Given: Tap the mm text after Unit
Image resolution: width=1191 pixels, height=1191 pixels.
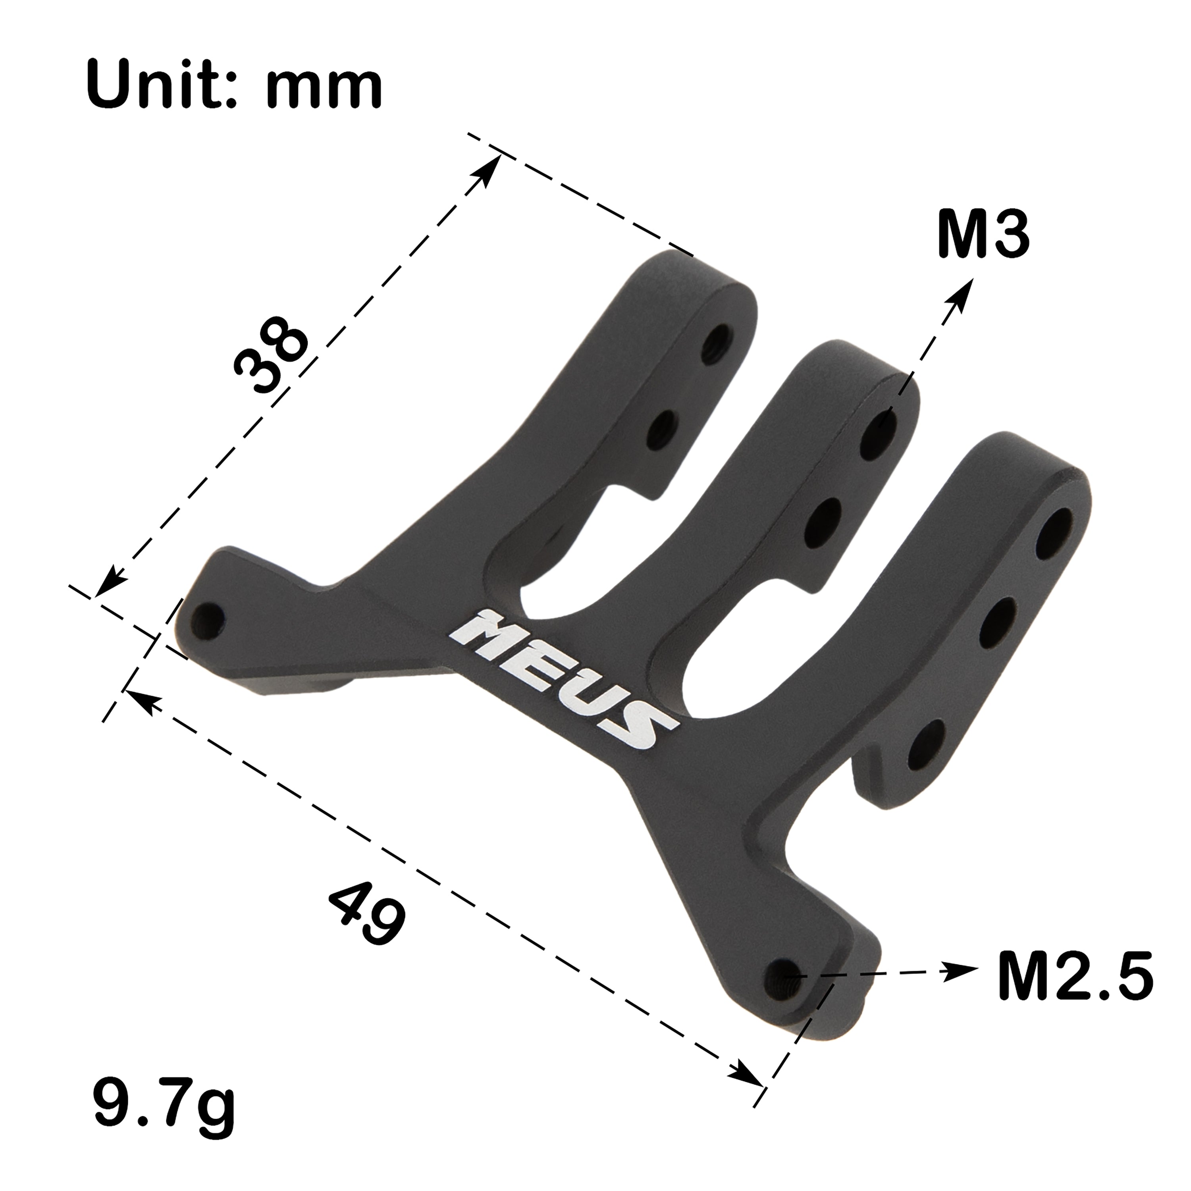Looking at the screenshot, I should [x=325, y=86].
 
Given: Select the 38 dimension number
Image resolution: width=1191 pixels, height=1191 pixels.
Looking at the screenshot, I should [x=271, y=353].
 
